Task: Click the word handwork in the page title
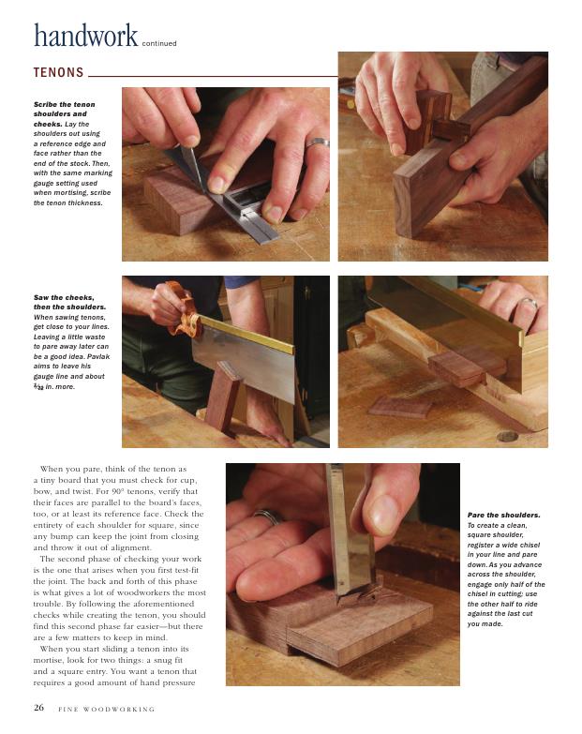pos(85,35)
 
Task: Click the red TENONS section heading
pos(58,72)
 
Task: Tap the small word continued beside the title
pos(159,43)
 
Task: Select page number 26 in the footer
pos(38,708)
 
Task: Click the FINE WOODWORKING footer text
pos(106,710)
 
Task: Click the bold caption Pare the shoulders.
pos(503,515)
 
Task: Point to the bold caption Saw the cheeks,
pos(64,297)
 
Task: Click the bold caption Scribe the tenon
pos(64,104)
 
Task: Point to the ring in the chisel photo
pos(269,516)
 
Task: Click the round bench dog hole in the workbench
pos(507,436)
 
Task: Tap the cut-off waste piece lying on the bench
pos(399,407)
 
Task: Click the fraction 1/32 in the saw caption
pos(38,386)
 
